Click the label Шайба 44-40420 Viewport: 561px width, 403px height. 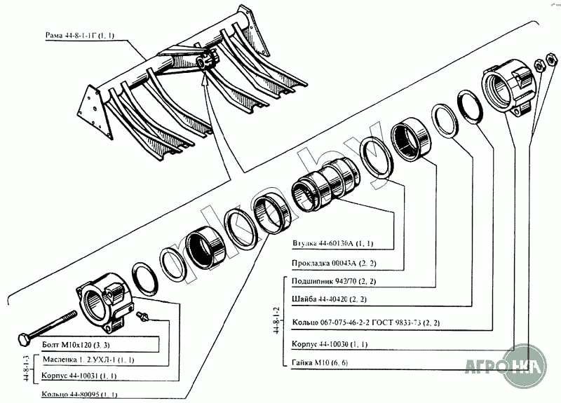[324, 300]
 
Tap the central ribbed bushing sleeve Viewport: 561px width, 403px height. [325, 184]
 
